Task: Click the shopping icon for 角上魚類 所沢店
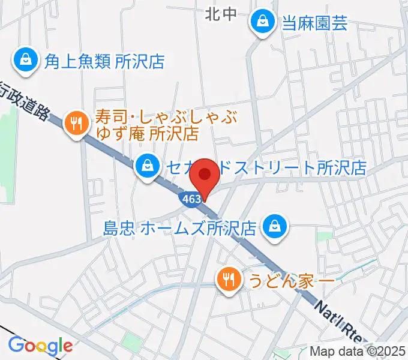pyautogui.click(x=26, y=60)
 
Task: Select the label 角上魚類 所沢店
pyautogui.click(x=104, y=61)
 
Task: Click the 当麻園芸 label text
pyautogui.click(x=315, y=23)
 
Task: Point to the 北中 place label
pyautogui.click(x=221, y=14)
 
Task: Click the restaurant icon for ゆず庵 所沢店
pyautogui.click(x=76, y=123)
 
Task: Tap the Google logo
pyautogui.click(x=40, y=346)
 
